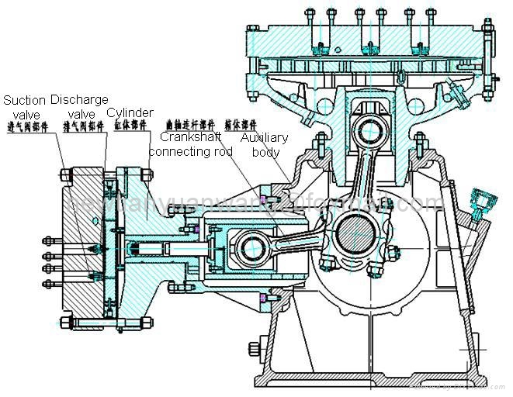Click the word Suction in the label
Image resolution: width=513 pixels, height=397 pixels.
click(23, 100)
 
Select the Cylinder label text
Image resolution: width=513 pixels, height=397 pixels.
click(130, 113)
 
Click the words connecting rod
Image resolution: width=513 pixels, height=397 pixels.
click(190, 151)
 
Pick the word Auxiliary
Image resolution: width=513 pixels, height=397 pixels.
click(264, 137)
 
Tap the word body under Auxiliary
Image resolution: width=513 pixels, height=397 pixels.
click(264, 151)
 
